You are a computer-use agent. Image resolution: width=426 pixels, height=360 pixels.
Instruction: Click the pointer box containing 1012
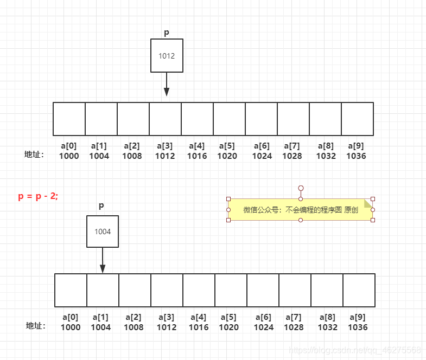pyautogui.click(x=167, y=55)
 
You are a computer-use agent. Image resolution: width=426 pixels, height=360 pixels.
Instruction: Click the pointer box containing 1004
pyautogui.click(x=103, y=232)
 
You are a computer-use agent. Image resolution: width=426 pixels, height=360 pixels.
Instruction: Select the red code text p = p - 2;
pyautogui.click(x=38, y=196)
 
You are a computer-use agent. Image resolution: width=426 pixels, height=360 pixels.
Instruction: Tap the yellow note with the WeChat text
pyautogui.click(x=300, y=210)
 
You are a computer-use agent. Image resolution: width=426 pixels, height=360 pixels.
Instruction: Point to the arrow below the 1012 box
pyautogui.click(x=167, y=85)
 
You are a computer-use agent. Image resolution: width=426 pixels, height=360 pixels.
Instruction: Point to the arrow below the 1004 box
pyautogui.click(x=103, y=261)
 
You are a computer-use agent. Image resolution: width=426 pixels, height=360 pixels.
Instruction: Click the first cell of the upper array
pyautogui.click(x=69, y=119)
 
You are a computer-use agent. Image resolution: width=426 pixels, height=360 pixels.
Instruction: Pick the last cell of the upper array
pyautogui.click(x=357, y=119)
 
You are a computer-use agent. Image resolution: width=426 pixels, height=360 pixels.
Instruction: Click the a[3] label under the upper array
pyautogui.click(x=165, y=146)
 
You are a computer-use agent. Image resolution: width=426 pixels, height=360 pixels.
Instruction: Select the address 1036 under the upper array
pyautogui.click(x=356, y=156)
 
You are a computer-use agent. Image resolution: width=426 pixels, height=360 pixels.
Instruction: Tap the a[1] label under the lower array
pyautogui.click(x=100, y=317)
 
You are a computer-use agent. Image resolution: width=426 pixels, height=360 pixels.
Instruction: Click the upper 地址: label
pyautogui.click(x=34, y=155)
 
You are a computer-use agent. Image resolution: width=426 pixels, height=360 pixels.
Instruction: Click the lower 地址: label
pyautogui.click(x=36, y=326)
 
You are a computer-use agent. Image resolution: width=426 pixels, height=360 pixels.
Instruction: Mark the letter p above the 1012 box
pyautogui.click(x=167, y=33)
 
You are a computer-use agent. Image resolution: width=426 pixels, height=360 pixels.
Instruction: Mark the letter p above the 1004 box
pyautogui.click(x=101, y=206)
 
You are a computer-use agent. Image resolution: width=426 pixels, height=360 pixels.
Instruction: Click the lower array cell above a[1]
pyautogui.click(x=103, y=290)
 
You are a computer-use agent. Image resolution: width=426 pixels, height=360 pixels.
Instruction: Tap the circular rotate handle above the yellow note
pyautogui.click(x=301, y=188)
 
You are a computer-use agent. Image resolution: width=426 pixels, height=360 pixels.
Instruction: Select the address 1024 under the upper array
pyautogui.click(x=262, y=156)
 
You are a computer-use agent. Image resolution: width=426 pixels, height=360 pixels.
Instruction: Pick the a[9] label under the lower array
pyautogui.click(x=358, y=317)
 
